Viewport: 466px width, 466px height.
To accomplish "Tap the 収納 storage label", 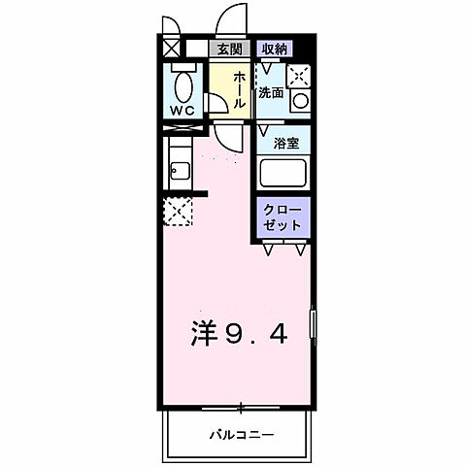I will click(274, 48).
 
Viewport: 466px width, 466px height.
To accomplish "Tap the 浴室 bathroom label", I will click(284, 142).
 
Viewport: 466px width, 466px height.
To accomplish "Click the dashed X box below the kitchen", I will click(177, 212).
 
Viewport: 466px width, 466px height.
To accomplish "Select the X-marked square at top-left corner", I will click(172, 47).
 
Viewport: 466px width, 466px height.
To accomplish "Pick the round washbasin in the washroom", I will click(300, 99).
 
